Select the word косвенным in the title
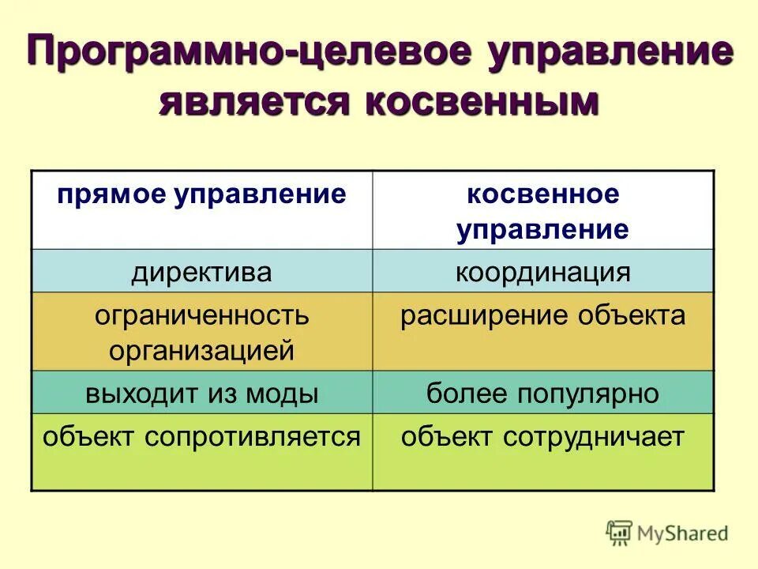(481, 102)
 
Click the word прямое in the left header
(111, 194)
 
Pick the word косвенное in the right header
(542, 194)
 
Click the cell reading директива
(201, 273)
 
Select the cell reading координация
(542, 273)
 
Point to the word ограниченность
(201, 316)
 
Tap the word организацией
(201, 350)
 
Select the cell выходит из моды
(201, 393)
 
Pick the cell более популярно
(542, 393)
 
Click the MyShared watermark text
(683, 533)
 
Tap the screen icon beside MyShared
(620, 533)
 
